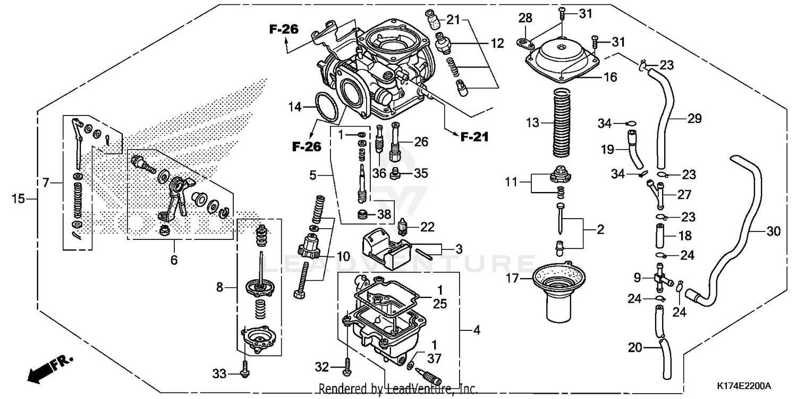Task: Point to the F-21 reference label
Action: pyautogui.click(x=474, y=137)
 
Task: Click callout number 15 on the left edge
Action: pyautogui.click(x=19, y=199)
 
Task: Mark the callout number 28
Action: pyautogui.click(x=525, y=19)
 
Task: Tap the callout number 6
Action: pyautogui.click(x=174, y=260)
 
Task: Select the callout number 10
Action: pyautogui.click(x=343, y=257)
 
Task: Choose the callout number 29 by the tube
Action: pyautogui.click(x=694, y=119)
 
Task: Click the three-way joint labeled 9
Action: pyautogui.click(x=659, y=278)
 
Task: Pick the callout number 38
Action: pyautogui.click(x=384, y=215)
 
